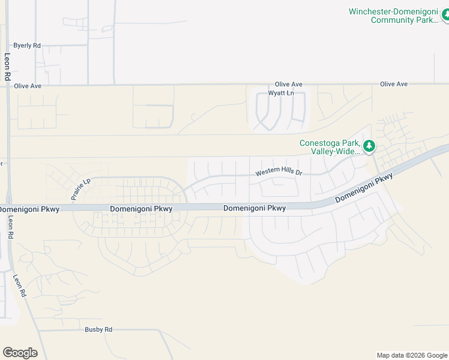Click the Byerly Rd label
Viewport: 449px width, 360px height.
pyautogui.click(x=28, y=45)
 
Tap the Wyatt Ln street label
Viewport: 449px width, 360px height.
pyautogui.click(x=281, y=93)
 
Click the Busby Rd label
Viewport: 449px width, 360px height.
pyautogui.click(x=98, y=329)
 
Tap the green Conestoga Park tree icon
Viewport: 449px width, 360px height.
pyautogui.click(x=369, y=145)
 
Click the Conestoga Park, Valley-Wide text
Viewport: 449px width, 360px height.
pyautogui.click(x=330, y=147)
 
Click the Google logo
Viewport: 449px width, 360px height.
pyautogui.click(x=20, y=353)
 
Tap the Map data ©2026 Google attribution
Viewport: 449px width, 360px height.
pyautogui.click(x=411, y=355)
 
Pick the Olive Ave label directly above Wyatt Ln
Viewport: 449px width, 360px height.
pyautogui.click(x=289, y=85)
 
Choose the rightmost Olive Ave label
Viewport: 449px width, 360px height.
pyautogui.click(x=394, y=84)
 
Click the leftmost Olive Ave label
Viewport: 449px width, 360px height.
pyautogui.click(x=28, y=86)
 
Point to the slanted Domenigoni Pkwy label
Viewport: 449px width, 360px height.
pyautogui.click(x=364, y=188)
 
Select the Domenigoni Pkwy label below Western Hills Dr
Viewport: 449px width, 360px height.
pyautogui.click(x=255, y=208)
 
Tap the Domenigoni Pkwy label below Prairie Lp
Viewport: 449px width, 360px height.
pyautogui.click(x=142, y=209)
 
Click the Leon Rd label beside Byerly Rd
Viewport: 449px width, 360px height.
pyautogui.click(x=7, y=67)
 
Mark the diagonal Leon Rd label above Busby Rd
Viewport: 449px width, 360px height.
pyautogui.click(x=20, y=286)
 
